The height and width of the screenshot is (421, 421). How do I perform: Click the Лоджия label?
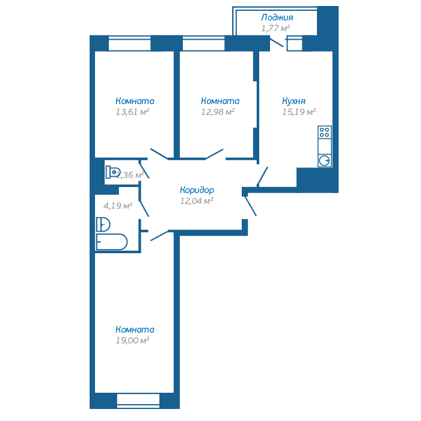tap(277, 17)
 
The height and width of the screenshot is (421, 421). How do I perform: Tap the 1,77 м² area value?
tap(275, 28)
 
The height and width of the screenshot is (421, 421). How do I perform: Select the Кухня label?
tap(293, 101)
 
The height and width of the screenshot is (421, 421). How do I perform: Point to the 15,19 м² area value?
tap(299, 111)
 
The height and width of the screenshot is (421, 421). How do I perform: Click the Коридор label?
tap(197, 190)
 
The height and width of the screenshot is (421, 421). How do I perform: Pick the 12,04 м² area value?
tap(197, 201)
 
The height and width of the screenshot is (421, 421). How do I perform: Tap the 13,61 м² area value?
tap(132, 111)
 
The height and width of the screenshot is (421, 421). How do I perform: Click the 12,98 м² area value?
tap(217, 111)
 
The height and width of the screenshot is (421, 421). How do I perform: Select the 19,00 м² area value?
tap(132, 340)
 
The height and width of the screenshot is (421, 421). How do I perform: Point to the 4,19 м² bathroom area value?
tap(117, 205)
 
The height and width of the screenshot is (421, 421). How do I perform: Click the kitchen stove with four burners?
tap(325, 132)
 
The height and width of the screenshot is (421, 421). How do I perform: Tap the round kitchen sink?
tap(325, 160)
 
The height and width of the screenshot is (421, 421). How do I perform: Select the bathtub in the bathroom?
tap(112, 242)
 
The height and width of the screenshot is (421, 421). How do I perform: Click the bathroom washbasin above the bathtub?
tap(103, 224)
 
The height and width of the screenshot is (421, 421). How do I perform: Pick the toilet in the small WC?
tap(112, 172)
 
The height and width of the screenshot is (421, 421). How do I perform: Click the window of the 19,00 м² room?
tap(138, 399)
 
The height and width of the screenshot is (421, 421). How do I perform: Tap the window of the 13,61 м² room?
tap(130, 44)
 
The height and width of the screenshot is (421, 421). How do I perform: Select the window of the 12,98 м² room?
tap(203, 44)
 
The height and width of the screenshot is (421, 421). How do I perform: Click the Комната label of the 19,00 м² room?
tap(135, 330)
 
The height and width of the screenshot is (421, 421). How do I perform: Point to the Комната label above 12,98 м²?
tap(220, 101)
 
